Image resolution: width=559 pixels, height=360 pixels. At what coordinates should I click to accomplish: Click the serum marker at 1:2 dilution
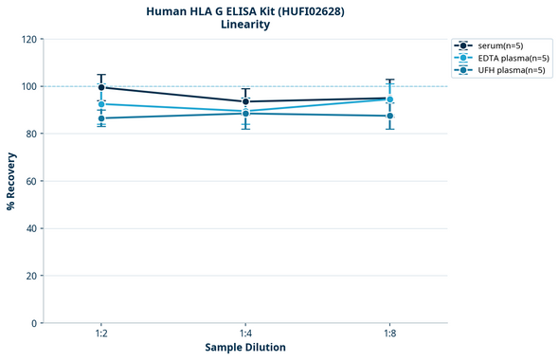(x=101, y=87)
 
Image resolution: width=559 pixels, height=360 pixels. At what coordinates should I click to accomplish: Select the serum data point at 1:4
(x=245, y=101)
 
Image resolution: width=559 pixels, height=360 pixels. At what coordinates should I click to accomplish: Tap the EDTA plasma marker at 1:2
(x=101, y=103)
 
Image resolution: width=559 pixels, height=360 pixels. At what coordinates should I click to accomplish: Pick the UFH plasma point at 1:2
(x=101, y=118)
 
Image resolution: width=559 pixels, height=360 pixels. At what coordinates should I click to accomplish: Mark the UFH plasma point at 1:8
(x=389, y=116)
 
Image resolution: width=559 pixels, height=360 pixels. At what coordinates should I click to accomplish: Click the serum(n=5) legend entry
(x=500, y=45)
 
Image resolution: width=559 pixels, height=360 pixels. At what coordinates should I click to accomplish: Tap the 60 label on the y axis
(x=30, y=181)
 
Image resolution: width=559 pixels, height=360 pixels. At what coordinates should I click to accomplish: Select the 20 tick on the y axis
(x=30, y=276)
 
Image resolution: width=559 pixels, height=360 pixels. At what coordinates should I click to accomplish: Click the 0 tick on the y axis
(x=33, y=323)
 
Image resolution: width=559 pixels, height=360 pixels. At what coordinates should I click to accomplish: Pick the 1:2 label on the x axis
(x=101, y=333)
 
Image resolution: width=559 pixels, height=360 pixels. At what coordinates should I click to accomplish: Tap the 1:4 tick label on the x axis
(x=245, y=333)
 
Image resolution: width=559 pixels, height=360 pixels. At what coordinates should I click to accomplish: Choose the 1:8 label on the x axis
(x=389, y=333)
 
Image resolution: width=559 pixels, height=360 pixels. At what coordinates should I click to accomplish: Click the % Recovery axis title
(x=11, y=181)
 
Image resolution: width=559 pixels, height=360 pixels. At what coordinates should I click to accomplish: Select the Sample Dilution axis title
(x=245, y=348)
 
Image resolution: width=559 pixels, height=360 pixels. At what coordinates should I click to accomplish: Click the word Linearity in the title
(x=245, y=25)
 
